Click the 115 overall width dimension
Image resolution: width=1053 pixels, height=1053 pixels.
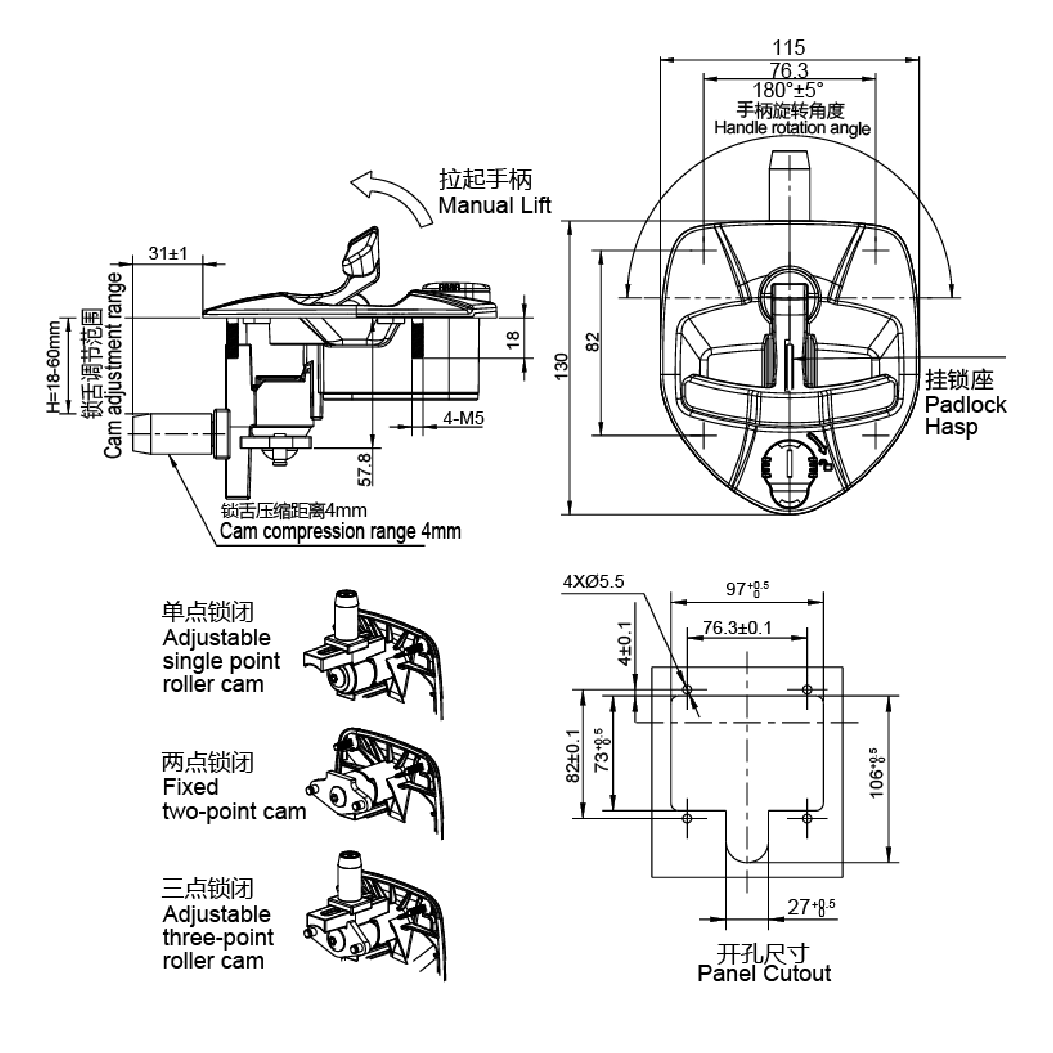788,48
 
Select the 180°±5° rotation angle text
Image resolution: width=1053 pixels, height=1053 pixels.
788,90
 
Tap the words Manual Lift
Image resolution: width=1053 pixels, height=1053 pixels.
494,205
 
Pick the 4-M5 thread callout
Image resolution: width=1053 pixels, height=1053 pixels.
463,419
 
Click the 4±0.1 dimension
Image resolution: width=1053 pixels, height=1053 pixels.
625,643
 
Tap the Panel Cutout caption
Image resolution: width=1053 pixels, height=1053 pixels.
764,973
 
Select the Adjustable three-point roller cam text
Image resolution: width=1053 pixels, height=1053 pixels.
218,937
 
